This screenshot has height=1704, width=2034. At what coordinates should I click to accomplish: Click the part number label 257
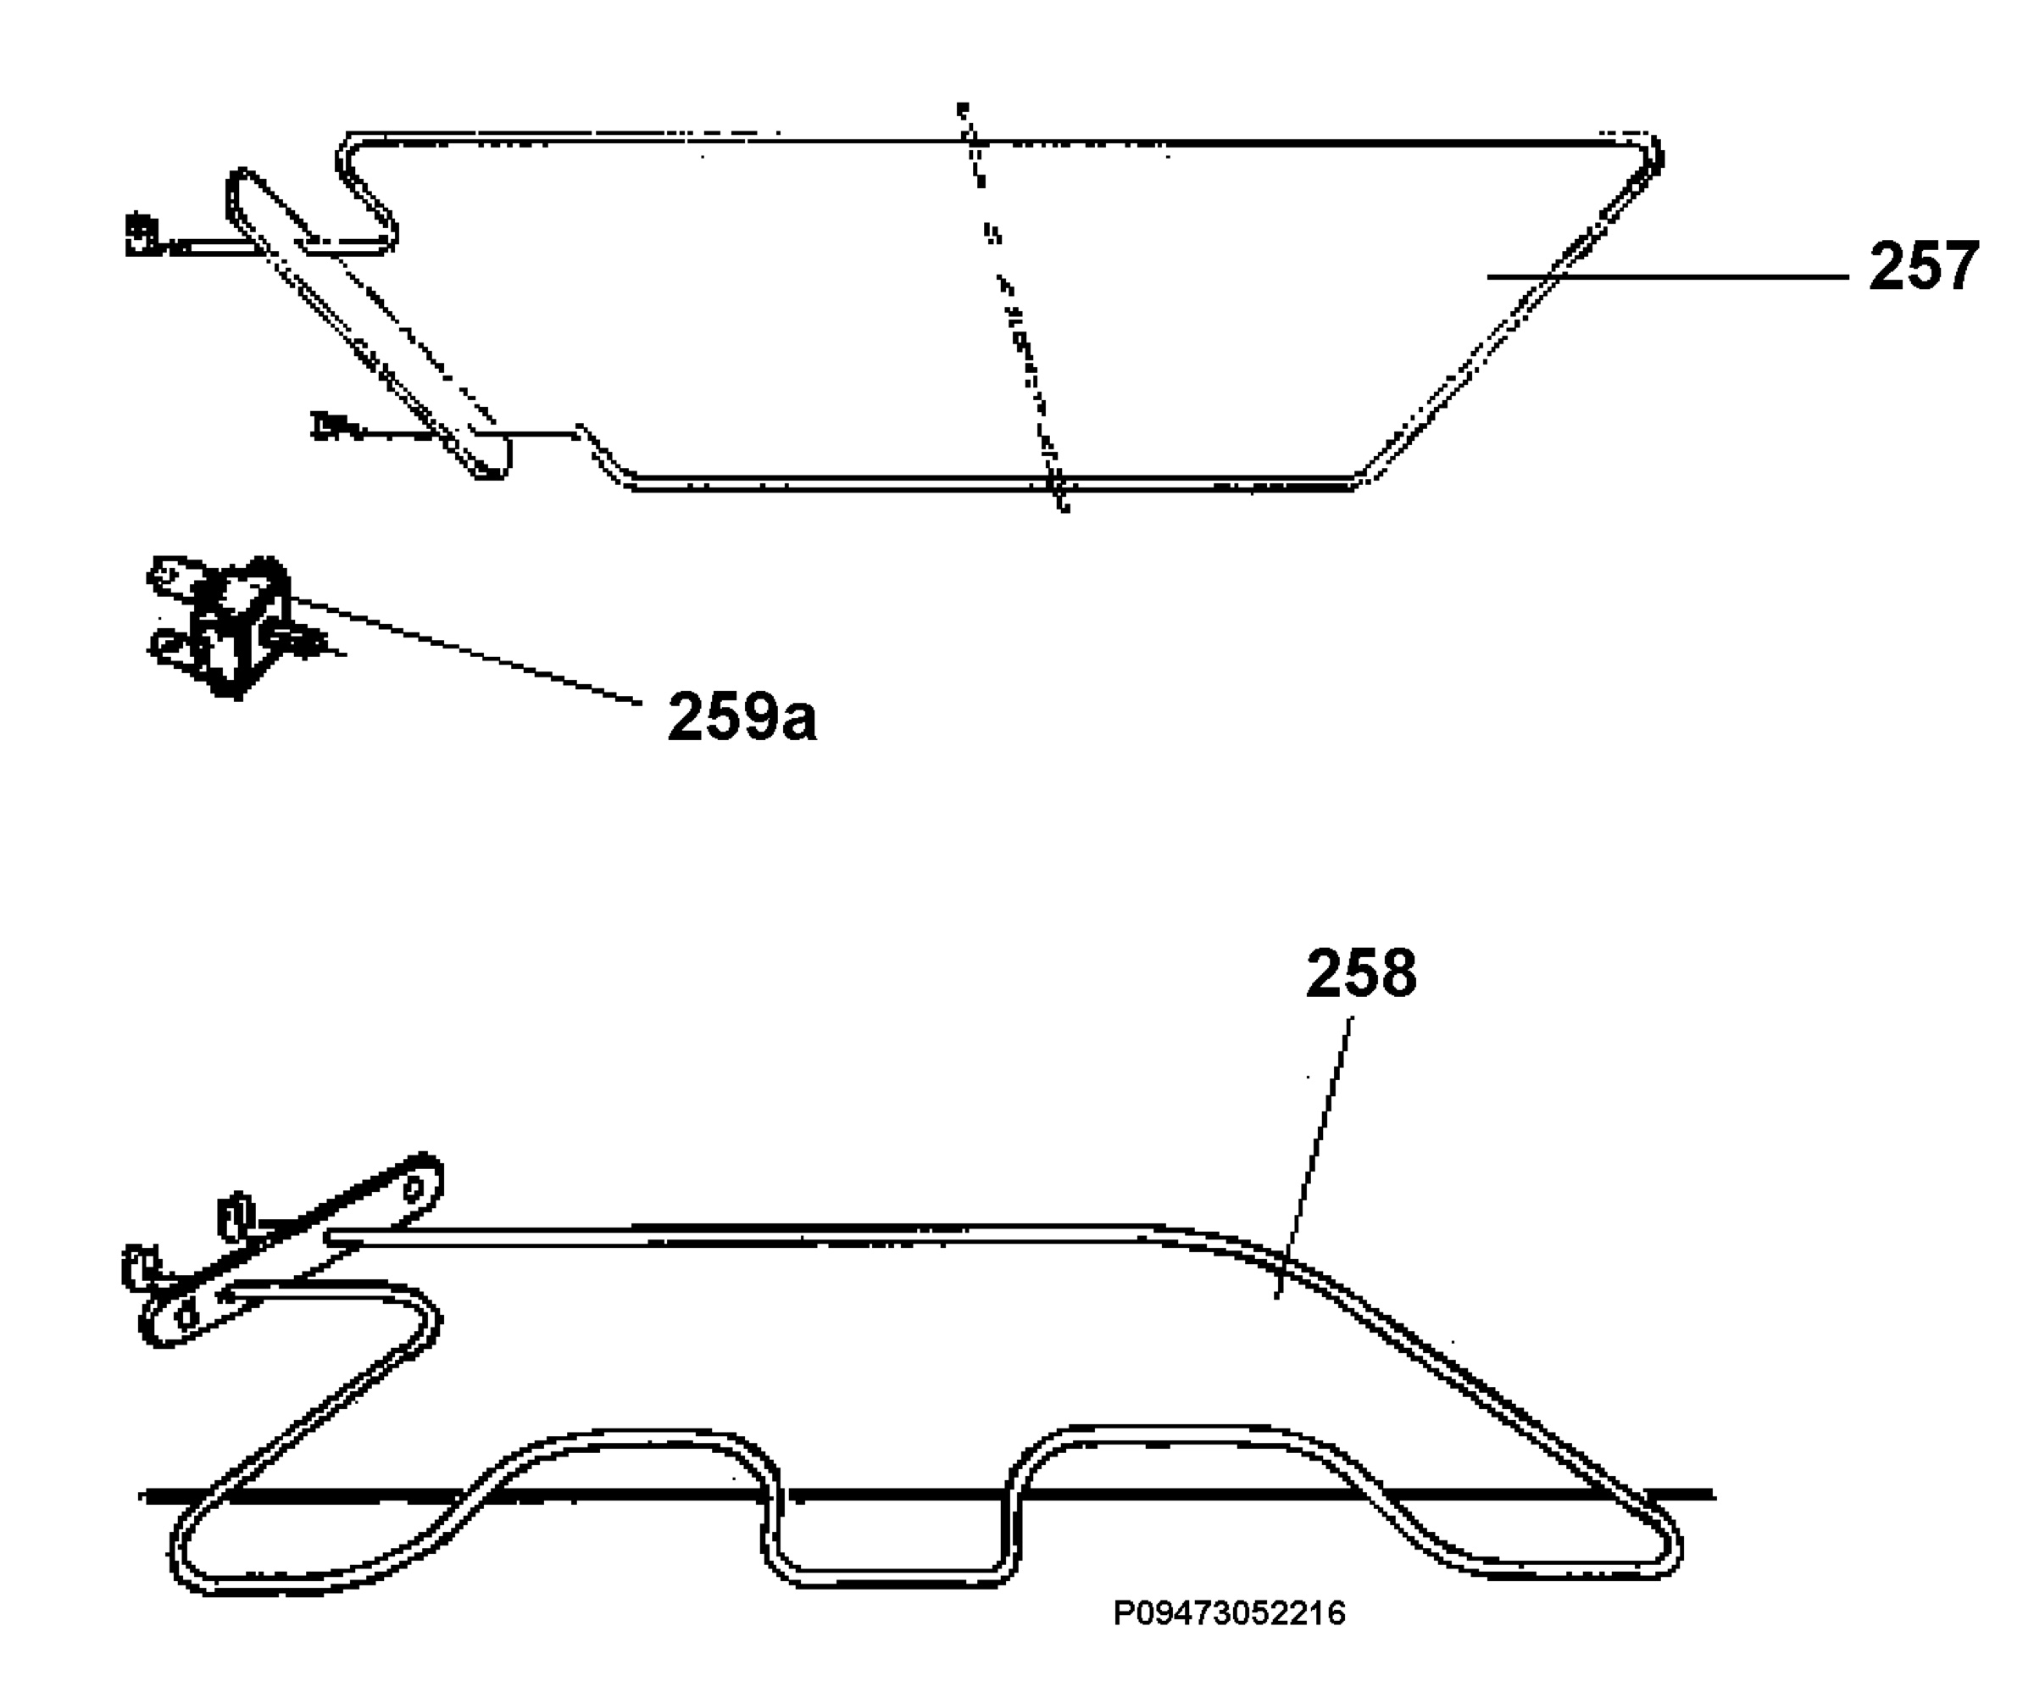pos(1924,266)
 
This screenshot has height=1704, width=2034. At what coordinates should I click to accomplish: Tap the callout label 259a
pos(742,717)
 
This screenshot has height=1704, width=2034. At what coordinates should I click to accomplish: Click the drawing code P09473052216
pos(1229,1613)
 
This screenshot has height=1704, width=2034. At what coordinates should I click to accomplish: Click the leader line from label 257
pos(1668,277)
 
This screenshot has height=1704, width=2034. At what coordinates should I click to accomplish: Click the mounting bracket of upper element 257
pos(368,325)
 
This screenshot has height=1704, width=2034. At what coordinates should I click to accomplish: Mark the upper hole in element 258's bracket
pos(413,1189)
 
